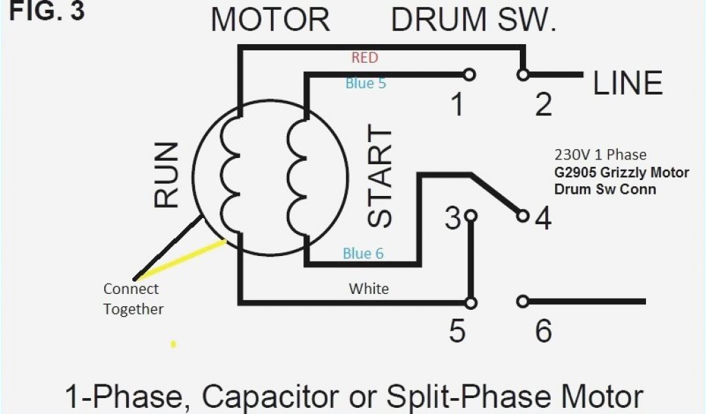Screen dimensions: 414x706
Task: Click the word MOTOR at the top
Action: pos(270,20)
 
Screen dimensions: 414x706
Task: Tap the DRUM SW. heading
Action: pos(474,20)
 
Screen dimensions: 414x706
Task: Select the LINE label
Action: pos(628,83)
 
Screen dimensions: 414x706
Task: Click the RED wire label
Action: pos(365,57)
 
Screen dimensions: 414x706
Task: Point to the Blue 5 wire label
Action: pos(365,83)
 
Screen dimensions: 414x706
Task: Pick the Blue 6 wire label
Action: pos(363,254)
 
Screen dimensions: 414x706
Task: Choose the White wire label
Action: pos(369,288)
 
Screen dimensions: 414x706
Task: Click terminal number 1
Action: pos(456,106)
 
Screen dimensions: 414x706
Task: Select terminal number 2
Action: pos(543,106)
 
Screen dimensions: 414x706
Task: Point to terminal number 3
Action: pos(452,219)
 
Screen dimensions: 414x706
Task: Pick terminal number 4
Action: pos(543,219)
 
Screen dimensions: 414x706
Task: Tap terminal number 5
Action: pos(456,332)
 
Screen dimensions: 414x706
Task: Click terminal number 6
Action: pos(543,332)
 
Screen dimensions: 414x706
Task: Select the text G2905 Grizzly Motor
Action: pos(621,172)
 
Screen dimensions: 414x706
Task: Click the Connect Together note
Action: pos(132,299)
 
